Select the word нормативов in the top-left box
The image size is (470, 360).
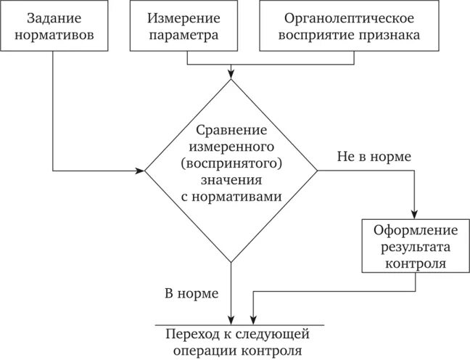tap(54, 33)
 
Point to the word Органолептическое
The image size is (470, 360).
tap(349, 17)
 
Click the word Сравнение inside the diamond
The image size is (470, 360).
tap(231, 130)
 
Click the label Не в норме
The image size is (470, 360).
tap(374, 157)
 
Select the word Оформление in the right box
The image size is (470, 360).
tap(416, 231)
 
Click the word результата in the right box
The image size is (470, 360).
tap(416, 247)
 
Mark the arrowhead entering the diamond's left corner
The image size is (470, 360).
tap(141, 172)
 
